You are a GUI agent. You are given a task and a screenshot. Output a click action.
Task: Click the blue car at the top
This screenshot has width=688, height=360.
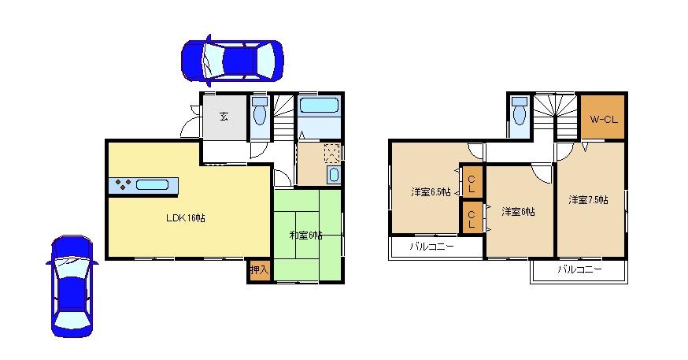click(231, 59)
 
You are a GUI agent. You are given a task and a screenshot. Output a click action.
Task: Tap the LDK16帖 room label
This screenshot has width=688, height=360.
click(186, 217)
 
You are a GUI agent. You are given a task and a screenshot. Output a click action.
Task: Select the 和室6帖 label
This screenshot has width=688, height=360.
click(305, 235)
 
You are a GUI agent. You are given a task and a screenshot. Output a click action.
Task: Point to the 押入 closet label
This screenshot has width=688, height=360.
click(259, 270)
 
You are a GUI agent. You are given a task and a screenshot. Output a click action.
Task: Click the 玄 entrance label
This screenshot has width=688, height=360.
click(224, 117)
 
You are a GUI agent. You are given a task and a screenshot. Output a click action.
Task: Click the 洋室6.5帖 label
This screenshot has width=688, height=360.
click(430, 191)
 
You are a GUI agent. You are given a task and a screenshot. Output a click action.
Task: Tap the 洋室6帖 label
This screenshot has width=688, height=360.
click(519, 211)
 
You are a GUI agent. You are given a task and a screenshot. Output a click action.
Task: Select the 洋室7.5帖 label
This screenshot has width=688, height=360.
click(588, 200)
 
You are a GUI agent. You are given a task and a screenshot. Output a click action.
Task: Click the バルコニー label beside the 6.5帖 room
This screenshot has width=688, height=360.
click(431, 247)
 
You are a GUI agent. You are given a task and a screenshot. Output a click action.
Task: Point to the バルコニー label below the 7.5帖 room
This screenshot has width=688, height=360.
click(579, 269)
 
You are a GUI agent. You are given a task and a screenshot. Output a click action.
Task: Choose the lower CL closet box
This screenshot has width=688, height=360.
click(472, 217)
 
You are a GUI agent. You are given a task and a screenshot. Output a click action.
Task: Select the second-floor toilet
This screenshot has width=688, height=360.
click(519, 115)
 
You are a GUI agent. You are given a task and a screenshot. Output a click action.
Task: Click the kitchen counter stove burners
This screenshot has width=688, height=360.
click(123, 186)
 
